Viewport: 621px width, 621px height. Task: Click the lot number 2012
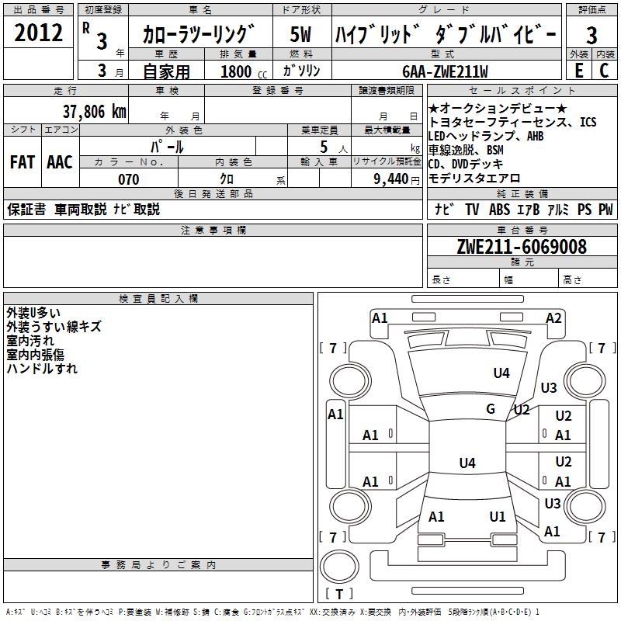[38, 33]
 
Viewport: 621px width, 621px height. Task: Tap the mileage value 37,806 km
[95, 112]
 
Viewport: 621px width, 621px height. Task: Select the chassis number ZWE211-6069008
[522, 247]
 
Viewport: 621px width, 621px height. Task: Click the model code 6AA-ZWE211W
[445, 71]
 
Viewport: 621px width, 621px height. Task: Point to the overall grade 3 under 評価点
[592, 36]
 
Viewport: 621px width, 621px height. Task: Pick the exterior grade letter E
[579, 71]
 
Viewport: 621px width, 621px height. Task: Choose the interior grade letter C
[604, 71]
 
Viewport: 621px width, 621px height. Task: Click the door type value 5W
[300, 34]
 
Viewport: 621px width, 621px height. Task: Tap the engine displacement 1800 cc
[244, 71]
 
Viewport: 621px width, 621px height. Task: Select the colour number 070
[129, 179]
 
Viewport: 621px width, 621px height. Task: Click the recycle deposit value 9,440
[391, 179]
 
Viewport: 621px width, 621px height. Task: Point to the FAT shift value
[23, 162]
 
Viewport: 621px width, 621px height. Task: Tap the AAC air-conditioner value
[60, 162]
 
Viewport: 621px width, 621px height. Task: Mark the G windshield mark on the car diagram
[491, 409]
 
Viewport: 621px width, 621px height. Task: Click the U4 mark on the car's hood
[501, 373]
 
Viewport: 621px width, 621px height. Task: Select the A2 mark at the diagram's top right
[553, 318]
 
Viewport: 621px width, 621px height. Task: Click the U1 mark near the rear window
[498, 516]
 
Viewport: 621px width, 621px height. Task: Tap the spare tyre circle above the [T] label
[339, 567]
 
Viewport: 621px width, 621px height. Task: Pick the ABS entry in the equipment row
[499, 209]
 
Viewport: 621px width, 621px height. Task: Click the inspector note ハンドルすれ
[42, 368]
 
